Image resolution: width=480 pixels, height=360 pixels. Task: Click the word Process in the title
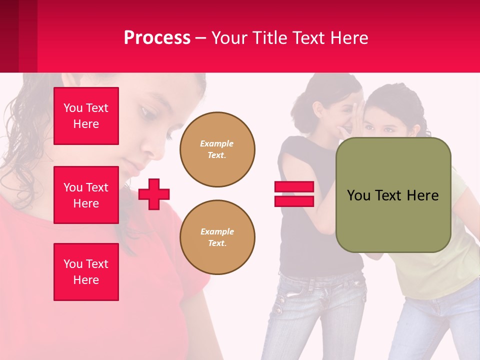[x=157, y=38]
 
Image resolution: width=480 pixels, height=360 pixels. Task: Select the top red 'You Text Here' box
[x=86, y=116]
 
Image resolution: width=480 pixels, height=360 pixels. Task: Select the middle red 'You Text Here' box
[x=86, y=195]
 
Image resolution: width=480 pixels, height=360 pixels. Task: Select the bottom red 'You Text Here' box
[x=86, y=272]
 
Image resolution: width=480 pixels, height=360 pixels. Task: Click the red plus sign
[x=154, y=194]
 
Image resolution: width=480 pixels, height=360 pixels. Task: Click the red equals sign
[x=294, y=194]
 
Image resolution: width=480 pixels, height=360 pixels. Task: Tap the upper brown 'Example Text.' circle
[x=217, y=149]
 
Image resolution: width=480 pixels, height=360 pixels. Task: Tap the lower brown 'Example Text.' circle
[x=217, y=237]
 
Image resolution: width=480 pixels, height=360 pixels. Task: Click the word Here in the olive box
[x=422, y=195]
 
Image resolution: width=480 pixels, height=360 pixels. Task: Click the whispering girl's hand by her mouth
[x=351, y=120]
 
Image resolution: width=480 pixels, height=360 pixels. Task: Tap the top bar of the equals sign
[x=294, y=187]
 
